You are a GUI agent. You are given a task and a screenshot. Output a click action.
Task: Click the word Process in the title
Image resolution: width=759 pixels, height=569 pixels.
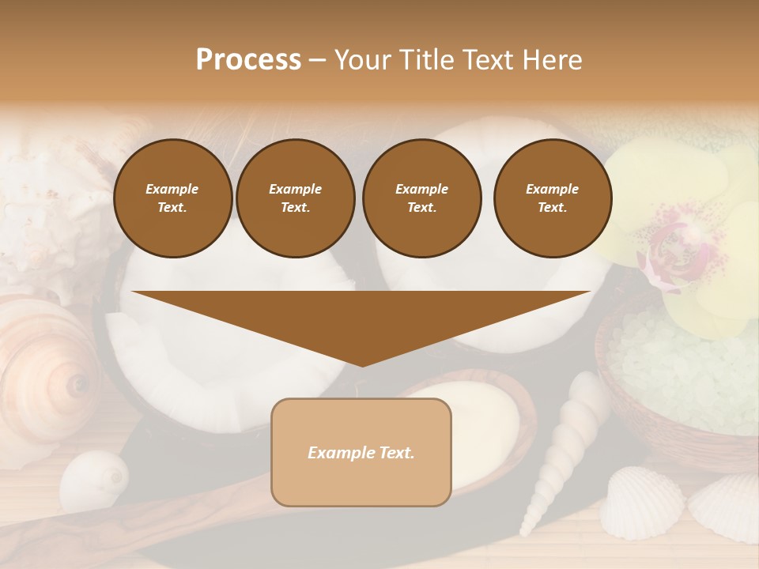tap(248, 60)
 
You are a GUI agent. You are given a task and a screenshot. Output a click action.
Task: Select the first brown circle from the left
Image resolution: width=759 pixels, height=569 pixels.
tap(172, 198)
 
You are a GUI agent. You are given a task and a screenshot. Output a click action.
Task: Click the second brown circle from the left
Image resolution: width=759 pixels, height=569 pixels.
tap(295, 198)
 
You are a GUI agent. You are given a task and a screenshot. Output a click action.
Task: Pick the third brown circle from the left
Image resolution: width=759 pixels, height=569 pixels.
tap(421, 198)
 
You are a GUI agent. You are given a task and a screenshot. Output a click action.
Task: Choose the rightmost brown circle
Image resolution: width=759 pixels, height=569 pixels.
tap(552, 198)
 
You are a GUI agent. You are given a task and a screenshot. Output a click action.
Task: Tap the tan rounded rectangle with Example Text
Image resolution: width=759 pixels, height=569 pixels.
tap(361, 452)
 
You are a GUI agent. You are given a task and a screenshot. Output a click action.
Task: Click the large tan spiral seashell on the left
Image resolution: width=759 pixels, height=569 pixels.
tap(47, 371)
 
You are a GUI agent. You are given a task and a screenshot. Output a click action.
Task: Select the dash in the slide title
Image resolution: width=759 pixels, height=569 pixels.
tap(318, 60)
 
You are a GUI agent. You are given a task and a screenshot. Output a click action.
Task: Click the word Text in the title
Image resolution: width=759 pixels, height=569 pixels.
tap(492, 60)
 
